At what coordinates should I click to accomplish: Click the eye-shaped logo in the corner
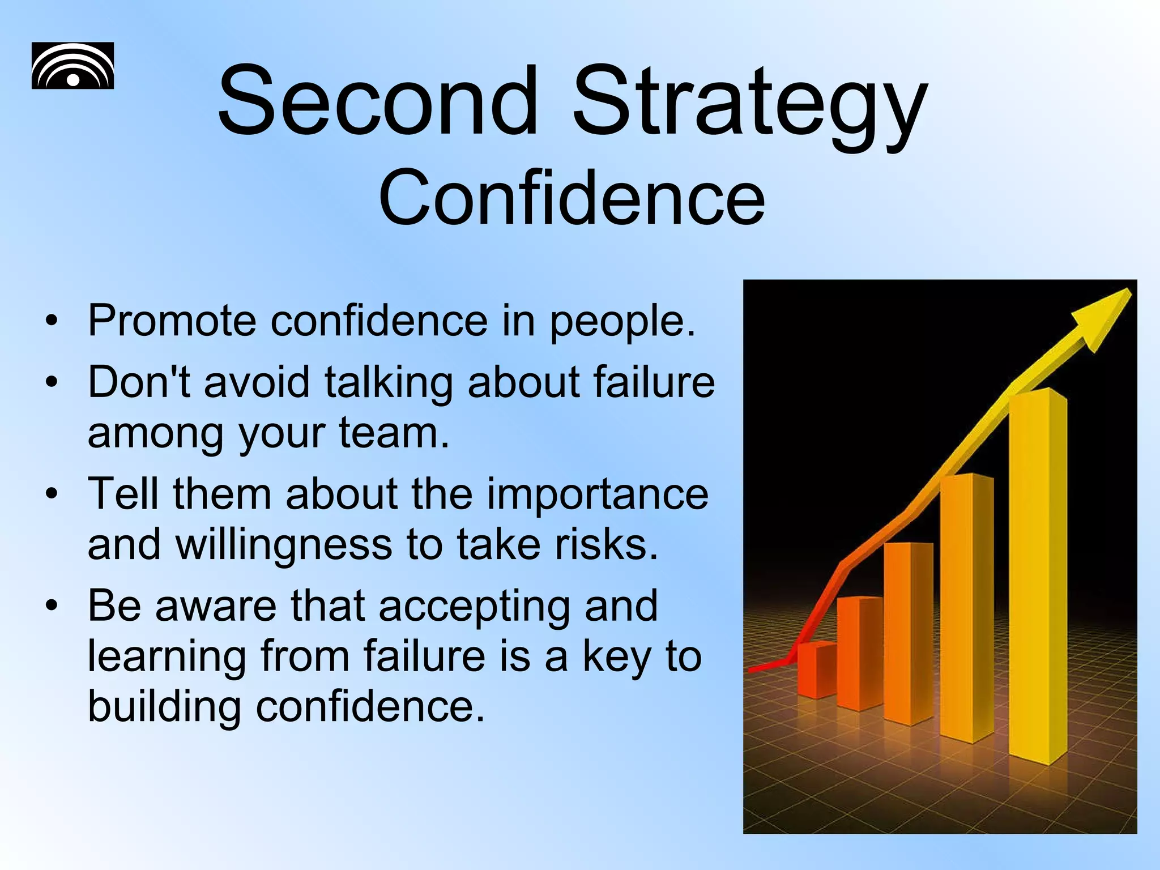pos(72,66)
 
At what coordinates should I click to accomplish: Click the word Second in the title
pos(377,102)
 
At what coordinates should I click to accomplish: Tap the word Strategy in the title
pos(750,105)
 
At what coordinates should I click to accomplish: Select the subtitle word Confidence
pos(572,198)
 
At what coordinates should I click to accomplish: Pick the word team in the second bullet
pos(394,433)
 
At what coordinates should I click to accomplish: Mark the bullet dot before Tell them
pos(52,494)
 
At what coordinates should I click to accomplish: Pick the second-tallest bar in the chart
pos(966,606)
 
